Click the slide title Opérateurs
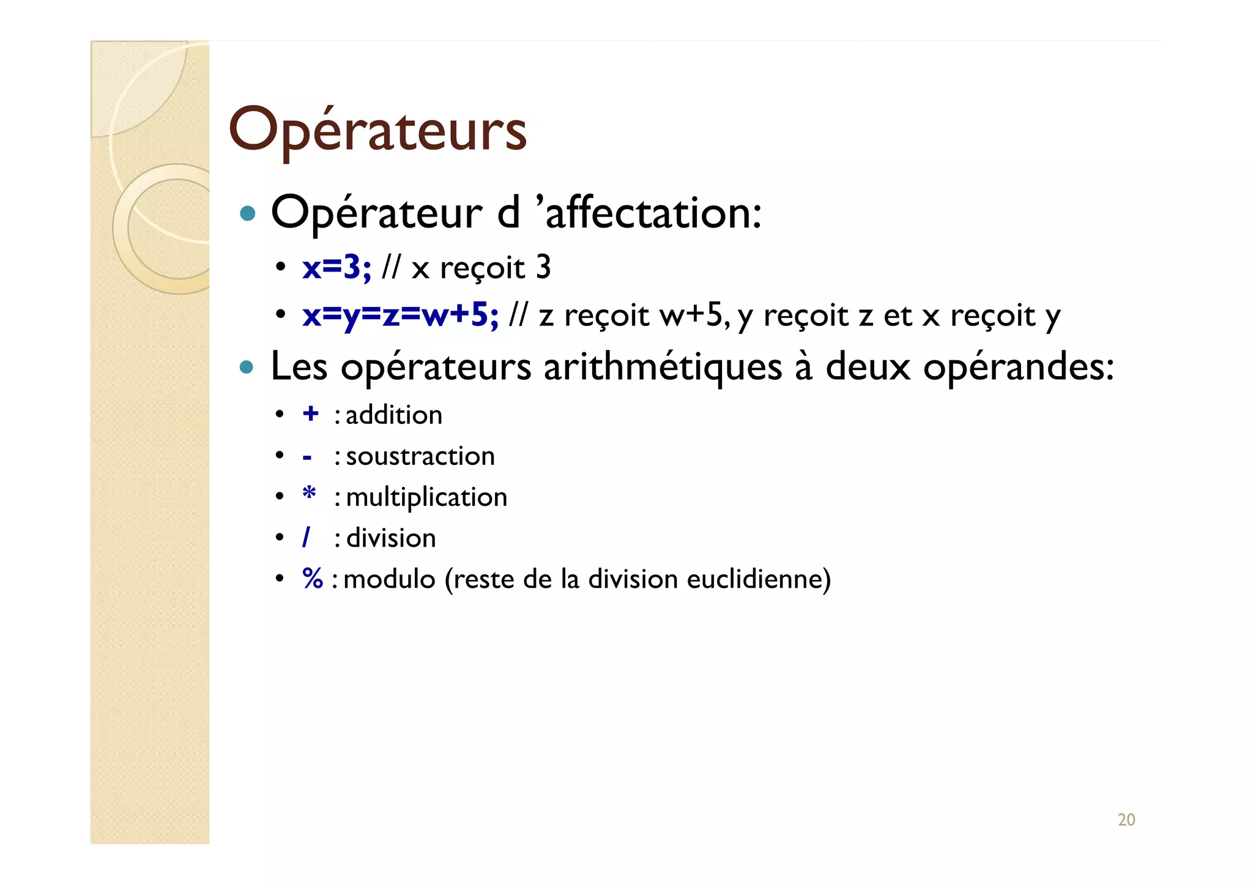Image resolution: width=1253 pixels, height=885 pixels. click(x=377, y=130)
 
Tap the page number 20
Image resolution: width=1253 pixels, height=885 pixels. click(x=1126, y=820)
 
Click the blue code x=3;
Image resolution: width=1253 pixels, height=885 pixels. click(x=336, y=268)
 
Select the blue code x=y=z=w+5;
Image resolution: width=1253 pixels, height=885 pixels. click(x=400, y=316)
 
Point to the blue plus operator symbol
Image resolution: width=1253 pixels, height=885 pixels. click(x=311, y=414)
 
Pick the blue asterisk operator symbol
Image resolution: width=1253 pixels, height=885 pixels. click(x=310, y=494)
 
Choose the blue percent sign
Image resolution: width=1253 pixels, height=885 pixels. click(x=313, y=579)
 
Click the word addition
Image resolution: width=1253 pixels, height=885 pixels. click(x=394, y=415)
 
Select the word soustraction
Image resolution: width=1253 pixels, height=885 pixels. click(x=420, y=456)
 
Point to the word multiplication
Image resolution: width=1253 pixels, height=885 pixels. click(x=426, y=497)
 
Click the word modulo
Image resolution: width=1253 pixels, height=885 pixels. click(x=389, y=579)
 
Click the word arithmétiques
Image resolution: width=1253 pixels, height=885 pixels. click(x=663, y=367)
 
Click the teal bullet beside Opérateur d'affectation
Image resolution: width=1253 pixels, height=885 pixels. click(x=247, y=213)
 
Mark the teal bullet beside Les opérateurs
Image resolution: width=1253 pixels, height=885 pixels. click(x=247, y=367)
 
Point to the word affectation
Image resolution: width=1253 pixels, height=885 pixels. click(x=652, y=213)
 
